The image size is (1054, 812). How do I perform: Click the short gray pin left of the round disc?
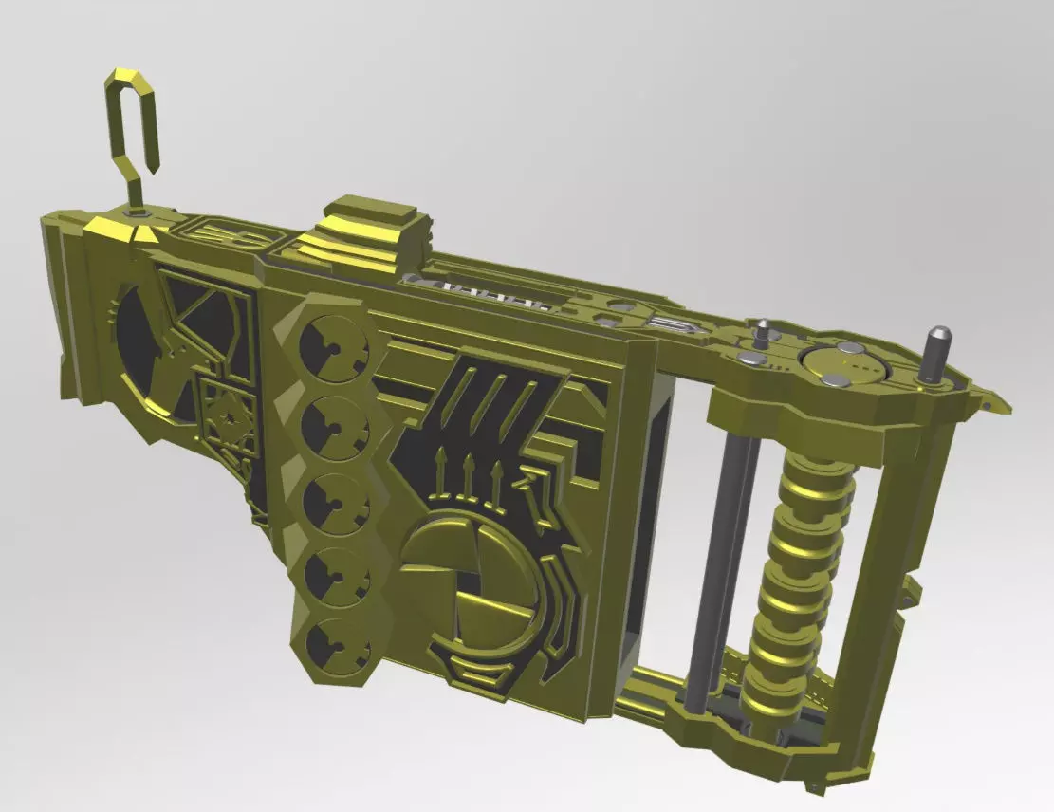pyautogui.click(x=763, y=334)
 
